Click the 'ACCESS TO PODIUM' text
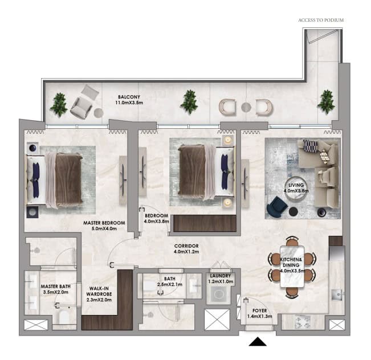point(321,20)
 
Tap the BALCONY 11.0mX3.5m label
point(129,100)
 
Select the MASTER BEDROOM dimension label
point(104,226)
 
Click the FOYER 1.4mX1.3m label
point(259,313)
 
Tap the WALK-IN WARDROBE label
point(99,294)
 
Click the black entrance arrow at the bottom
point(258,342)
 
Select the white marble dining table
point(292,267)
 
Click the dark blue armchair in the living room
point(276,206)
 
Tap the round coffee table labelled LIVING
point(296,189)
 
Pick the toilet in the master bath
point(64,317)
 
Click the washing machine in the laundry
point(219,294)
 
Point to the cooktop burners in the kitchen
point(301,322)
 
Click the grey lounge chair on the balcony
point(84,102)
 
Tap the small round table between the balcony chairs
point(246,108)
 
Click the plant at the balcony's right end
point(327,102)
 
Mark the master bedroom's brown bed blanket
point(68,179)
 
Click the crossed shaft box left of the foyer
point(217,320)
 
